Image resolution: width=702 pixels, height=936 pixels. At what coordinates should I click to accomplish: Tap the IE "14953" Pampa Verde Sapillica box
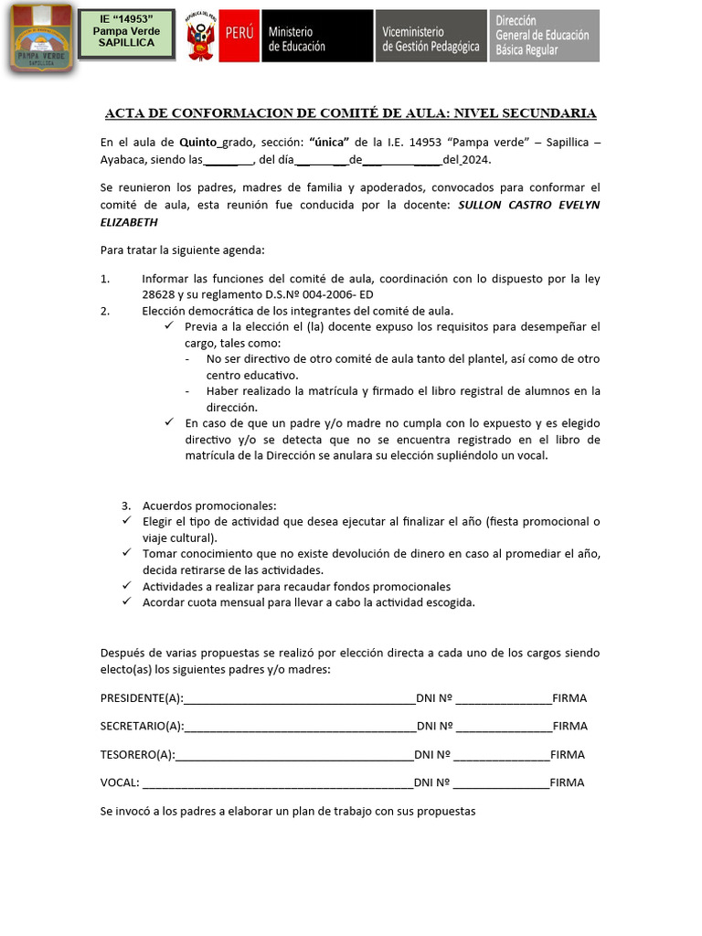pyautogui.click(x=126, y=35)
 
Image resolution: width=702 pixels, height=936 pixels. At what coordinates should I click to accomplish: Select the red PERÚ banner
pyautogui.click(x=239, y=35)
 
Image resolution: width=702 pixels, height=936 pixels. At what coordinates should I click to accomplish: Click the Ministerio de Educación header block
pyautogui.click(x=316, y=37)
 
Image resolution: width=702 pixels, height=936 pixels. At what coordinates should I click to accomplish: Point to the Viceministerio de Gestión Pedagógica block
pyautogui.click(x=430, y=37)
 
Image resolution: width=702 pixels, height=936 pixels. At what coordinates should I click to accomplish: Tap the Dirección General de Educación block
pyautogui.click(x=545, y=37)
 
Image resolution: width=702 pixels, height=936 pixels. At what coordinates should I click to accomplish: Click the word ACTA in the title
pyautogui.click(x=125, y=113)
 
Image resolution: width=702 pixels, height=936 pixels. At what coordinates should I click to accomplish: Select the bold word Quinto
pyautogui.click(x=197, y=143)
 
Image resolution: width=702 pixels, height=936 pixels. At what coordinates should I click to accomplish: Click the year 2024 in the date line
pyautogui.click(x=475, y=160)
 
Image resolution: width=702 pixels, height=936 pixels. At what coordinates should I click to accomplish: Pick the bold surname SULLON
pyautogui.click(x=482, y=205)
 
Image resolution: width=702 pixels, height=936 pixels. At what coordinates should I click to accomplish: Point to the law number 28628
pyautogui.click(x=160, y=294)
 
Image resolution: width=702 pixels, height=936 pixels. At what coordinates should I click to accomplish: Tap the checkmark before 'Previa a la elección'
pyautogui.click(x=169, y=326)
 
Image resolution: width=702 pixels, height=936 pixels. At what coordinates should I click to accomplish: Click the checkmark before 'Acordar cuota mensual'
pyautogui.click(x=127, y=602)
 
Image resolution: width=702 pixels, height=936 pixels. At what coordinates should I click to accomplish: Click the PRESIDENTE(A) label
pyautogui.click(x=142, y=698)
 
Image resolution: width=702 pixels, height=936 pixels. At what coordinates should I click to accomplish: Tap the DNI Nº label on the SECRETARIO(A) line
pyautogui.click(x=435, y=727)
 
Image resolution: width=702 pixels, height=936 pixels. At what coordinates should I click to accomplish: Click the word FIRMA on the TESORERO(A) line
pyautogui.click(x=567, y=755)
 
